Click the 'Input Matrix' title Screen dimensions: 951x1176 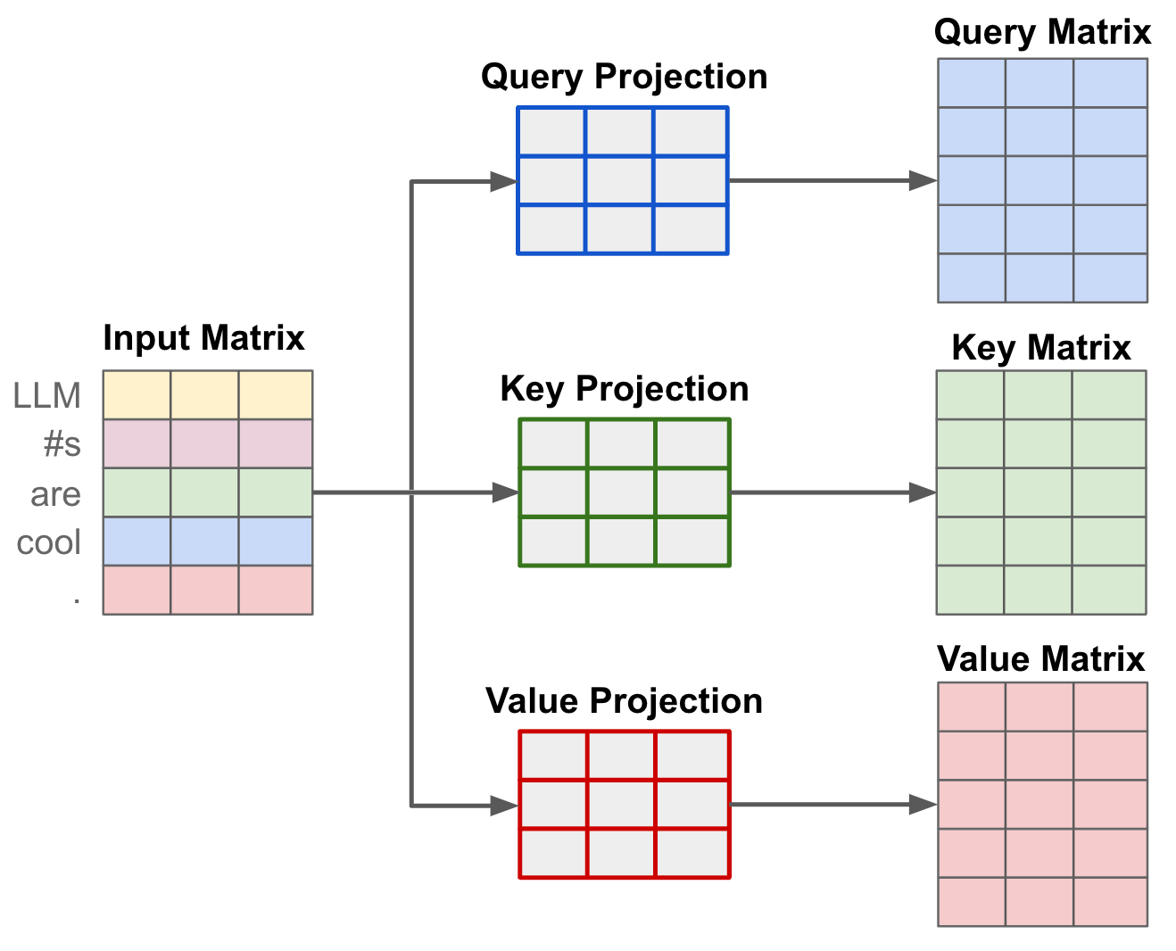coord(203,338)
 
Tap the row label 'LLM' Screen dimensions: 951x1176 coord(47,395)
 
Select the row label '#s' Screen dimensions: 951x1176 coord(62,443)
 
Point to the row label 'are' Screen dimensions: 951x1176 coord(55,493)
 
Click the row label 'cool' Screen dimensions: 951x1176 coord(49,542)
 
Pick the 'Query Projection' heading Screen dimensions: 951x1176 coord(624,77)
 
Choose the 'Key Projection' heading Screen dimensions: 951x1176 coord(624,389)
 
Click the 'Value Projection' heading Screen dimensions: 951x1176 coord(624,701)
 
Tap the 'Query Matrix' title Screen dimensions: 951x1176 coord(1042,32)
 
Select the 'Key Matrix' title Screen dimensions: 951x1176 coord(1041,348)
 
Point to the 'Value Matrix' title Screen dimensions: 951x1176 coord(1041,659)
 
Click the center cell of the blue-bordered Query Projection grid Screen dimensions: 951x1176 coord(620,181)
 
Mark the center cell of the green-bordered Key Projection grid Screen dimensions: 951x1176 coord(622,492)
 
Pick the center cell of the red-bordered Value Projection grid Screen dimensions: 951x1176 coord(622,805)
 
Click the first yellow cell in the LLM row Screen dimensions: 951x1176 coord(137,395)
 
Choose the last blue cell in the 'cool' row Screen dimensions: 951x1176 coord(276,542)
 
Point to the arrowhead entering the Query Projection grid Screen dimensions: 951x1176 coord(503,182)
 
